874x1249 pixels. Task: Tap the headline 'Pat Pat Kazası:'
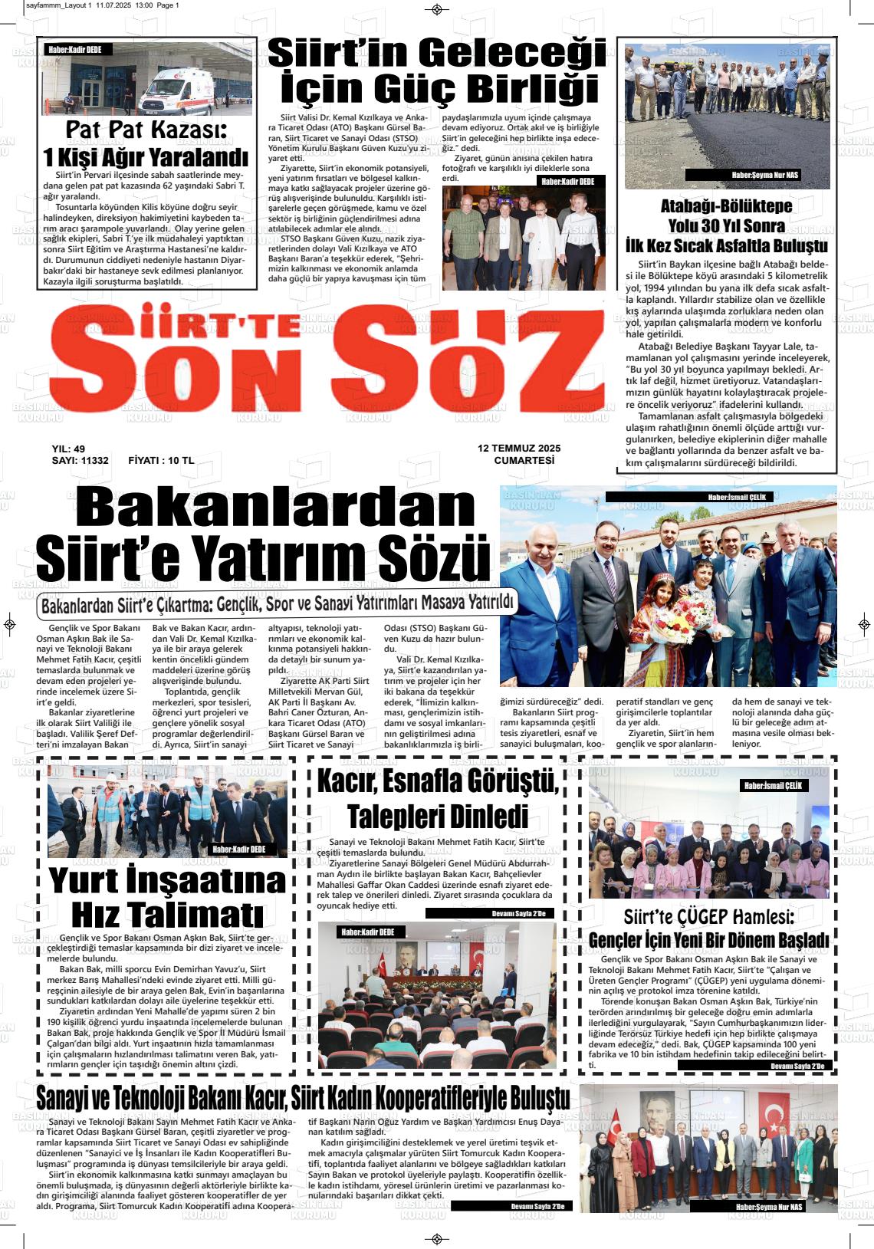(147, 130)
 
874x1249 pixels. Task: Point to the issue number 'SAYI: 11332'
(80, 461)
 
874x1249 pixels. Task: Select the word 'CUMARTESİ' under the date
(524, 461)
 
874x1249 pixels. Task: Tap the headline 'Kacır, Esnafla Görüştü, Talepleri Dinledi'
(439, 798)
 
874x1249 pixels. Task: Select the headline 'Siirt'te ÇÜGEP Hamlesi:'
(708, 916)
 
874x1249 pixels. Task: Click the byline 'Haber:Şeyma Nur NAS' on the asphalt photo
(764, 176)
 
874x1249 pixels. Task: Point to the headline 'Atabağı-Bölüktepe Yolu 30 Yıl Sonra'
(726, 216)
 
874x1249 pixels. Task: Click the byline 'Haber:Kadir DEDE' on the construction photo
(238, 850)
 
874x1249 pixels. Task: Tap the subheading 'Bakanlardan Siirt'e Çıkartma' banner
(277, 605)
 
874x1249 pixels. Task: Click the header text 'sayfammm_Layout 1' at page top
(58, 5)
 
